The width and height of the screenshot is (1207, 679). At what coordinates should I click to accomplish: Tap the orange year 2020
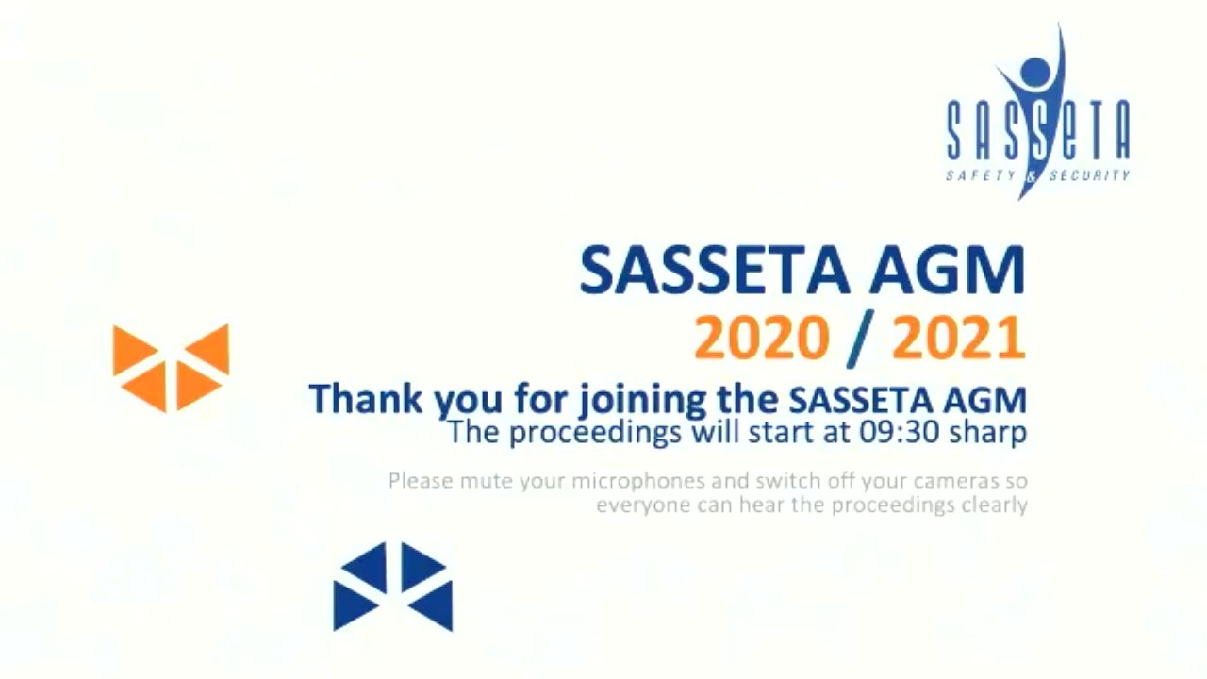[762, 339]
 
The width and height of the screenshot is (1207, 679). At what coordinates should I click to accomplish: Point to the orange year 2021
[958, 339]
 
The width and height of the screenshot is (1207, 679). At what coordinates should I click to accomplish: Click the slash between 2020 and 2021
[860, 339]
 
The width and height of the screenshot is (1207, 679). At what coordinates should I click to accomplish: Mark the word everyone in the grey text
[637, 505]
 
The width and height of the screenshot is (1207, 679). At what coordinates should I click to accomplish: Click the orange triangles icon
[171, 368]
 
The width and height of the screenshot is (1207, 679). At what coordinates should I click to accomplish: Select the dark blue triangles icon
[393, 587]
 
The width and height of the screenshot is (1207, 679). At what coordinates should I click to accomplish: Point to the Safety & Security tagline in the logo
[1037, 175]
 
